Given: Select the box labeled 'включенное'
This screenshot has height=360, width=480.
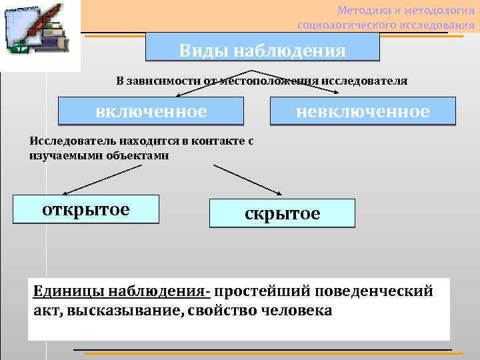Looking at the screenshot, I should [151, 111].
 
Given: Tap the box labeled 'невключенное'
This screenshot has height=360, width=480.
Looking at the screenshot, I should [363, 111].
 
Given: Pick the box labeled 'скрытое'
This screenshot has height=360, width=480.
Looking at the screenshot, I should [282, 213].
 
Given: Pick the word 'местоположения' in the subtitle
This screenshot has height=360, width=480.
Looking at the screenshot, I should [267, 81].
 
